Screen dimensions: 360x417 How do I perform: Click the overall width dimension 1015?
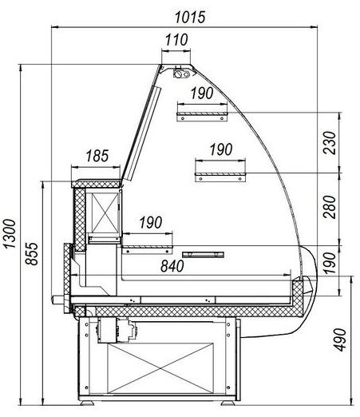pyautogui.click(x=190, y=17)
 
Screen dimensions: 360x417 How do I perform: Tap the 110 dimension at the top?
pyautogui.click(x=176, y=40)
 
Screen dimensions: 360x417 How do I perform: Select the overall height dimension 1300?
pyautogui.click(x=10, y=234)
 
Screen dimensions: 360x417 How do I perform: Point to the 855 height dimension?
pyautogui.click(x=32, y=254)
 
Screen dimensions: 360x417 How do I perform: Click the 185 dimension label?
pyautogui.click(x=97, y=156)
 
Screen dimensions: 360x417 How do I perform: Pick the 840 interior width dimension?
pyautogui.click(x=172, y=266)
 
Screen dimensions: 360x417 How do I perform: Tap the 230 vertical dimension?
pyautogui.click(x=330, y=142)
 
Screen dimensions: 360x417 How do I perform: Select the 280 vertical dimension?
pyautogui.click(x=330, y=207)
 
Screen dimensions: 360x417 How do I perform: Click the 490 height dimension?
pyautogui.click(x=339, y=340)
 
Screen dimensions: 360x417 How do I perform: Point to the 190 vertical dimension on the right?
pyautogui.click(x=330, y=263)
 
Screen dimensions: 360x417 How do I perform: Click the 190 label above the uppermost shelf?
pyautogui.click(x=202, y=93)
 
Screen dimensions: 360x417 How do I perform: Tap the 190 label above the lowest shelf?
pyautogui.click(x=151, y=222)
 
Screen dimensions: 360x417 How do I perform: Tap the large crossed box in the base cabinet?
pyautogui.click(x=160, y=368)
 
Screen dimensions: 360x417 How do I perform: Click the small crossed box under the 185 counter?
pyautogui.click(x=105, y=212)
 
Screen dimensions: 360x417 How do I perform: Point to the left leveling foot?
pyautogui.click(x=87, y=403)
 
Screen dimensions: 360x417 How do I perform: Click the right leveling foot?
pyautogui.click(x=227, y=403)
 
